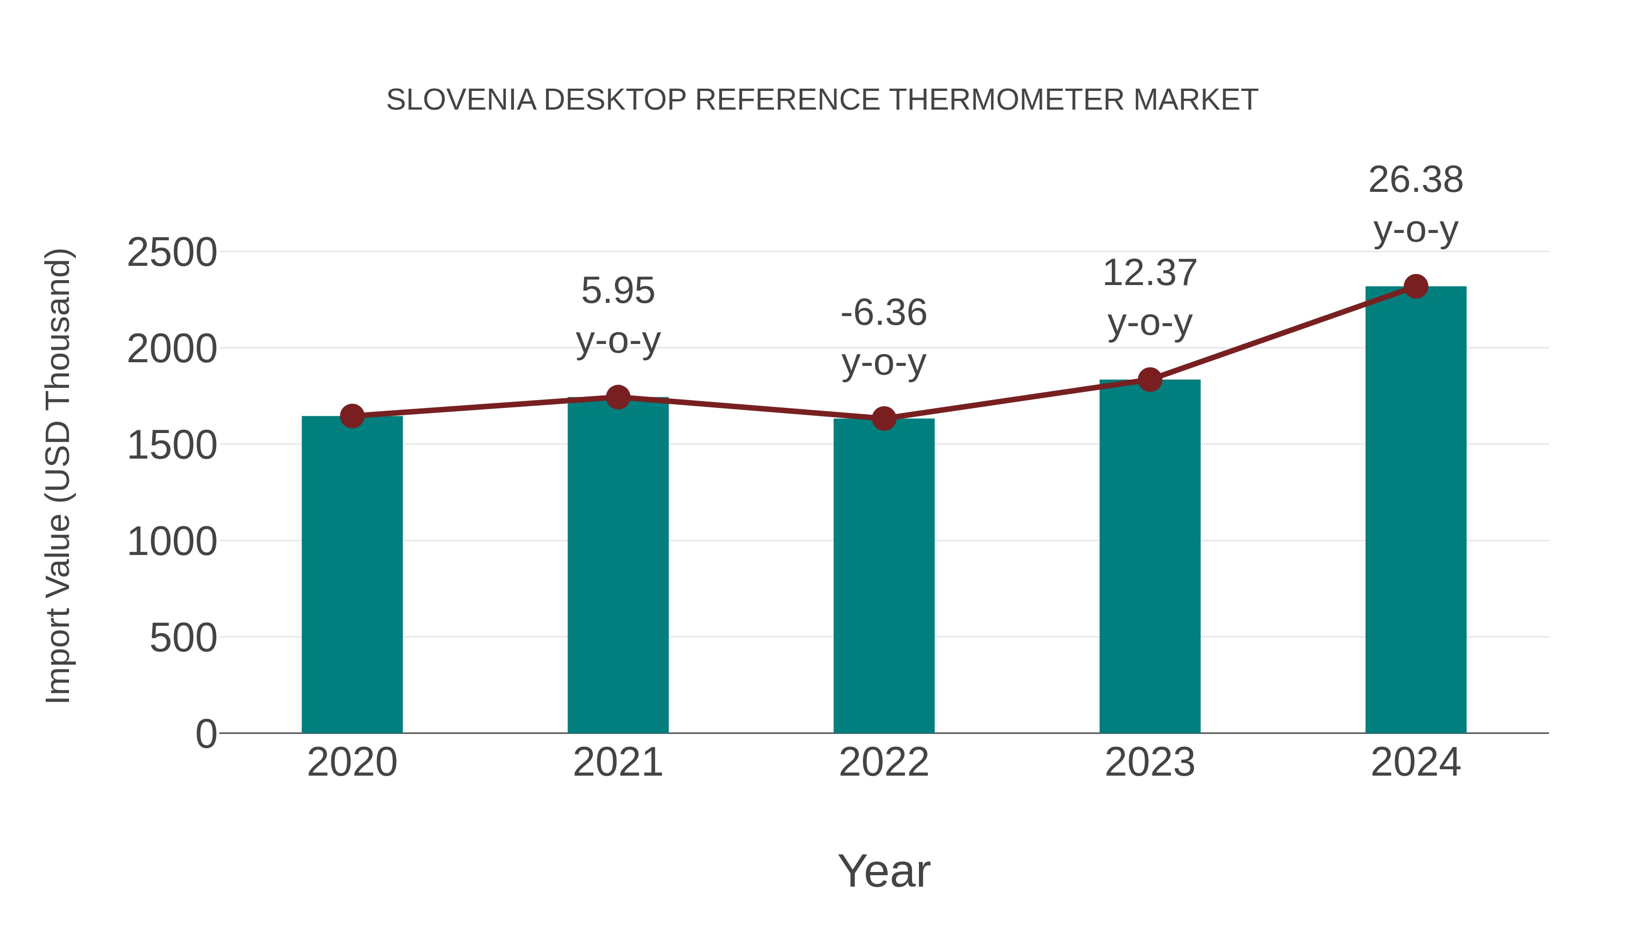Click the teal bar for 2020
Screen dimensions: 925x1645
click(x=352, y=575)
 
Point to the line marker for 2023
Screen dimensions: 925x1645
click(x=1150, y=379)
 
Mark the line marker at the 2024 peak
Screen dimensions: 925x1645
click(x=1416, y=286)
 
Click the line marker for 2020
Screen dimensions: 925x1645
click(x=352, y=416)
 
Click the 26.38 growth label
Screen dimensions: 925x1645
click(x=1416, y=180)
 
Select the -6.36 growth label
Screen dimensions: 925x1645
click(x=884, y=313)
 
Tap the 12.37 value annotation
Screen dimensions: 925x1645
click(x=1150, y=273)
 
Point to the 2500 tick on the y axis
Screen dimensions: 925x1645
click(x=172, y=253)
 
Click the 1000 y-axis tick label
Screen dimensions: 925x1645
click(x=172, y=542)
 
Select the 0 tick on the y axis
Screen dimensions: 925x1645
click(x=206, y=734)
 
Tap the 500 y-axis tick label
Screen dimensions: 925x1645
click(x=183, y=638)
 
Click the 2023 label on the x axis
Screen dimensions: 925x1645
click(x=1150, y=762)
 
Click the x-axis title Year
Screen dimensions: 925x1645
click(x=884, y=871)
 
